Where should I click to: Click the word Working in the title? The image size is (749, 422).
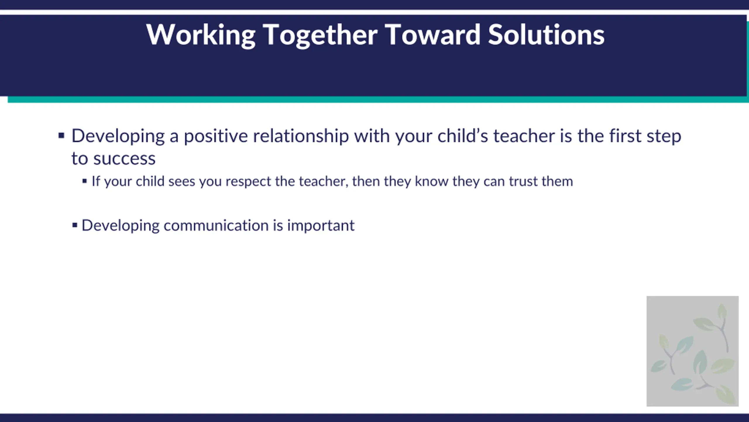pyautogui.click(x=201, y=35)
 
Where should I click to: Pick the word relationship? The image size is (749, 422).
pyautogui.click(x=301, y=136)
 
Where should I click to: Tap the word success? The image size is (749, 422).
pyautogui.click(x=124, y=159)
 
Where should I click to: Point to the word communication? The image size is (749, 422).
pyautogui.click(x=216, y=225)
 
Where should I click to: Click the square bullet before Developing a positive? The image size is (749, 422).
pyautogui.click(x=61, y=136)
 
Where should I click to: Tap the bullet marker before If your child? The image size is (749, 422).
pyautogui.click(x=85, y=181)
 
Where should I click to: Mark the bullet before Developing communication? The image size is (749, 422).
pyautogui.click(x=75, y=225)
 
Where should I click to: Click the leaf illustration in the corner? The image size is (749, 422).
pyautogui.click(x=693, y=351)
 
